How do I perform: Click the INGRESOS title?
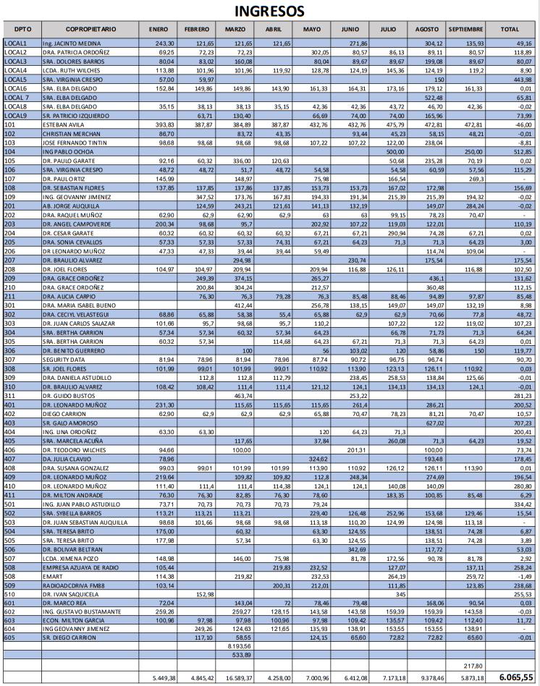pyautogui.click(x=269, y=12)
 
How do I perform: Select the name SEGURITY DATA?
pyautogui.click(x=64, y=359)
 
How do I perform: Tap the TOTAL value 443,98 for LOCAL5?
pyautogui.click(x=520, y=79)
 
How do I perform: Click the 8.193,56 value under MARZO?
pyautogui.click(x=238, y=645)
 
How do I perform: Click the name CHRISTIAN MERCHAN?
pyautogui.click(x=71, y=134)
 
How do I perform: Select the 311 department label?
pyautogui.click(x=10, y=396)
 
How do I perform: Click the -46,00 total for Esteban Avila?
pyautogui.click(x=520, y=124)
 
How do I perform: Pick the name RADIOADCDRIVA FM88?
pyautogui.click(x=73, y=585)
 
